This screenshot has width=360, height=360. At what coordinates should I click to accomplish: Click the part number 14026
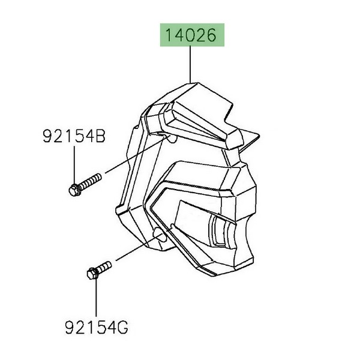[x=191, y=35]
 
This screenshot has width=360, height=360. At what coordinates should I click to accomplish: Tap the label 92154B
[x=74, y=136]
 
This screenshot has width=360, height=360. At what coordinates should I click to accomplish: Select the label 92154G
[x=96, y=328]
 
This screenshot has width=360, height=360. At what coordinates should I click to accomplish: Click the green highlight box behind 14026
[x=192, y=35]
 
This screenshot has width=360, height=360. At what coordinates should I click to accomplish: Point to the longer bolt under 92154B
[x=85, y=184]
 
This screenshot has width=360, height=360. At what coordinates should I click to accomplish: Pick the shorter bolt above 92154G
[x=100, y=270]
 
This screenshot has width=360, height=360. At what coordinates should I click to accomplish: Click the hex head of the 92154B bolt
[x=74, y=190]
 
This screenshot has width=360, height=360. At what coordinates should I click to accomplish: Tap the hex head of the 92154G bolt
[x=92, y=274]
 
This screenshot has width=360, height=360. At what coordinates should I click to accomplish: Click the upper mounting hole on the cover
[x=173, y=138]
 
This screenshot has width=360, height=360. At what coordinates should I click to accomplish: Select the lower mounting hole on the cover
[x=161, y=235]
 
